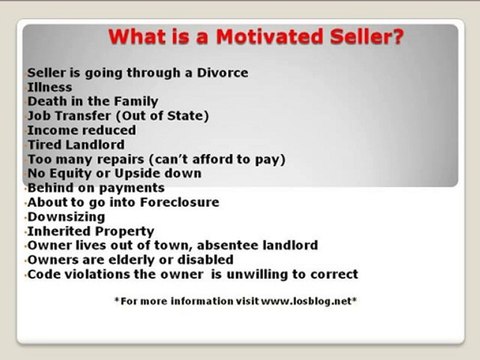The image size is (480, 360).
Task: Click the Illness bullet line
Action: pyautogui.click(x=50, y=87)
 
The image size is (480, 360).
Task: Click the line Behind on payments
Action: pyautogui.click(x=96, y=187)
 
